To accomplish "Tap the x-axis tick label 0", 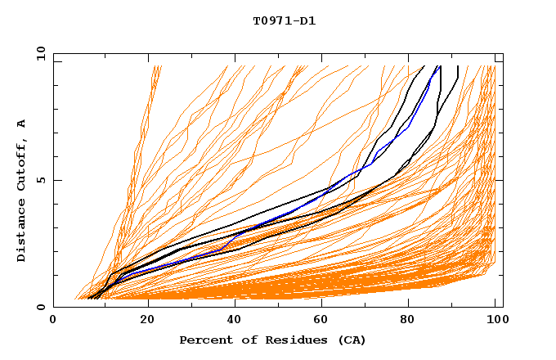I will point(53,321).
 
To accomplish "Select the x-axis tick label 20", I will point(141,321).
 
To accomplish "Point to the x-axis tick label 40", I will point(231,321).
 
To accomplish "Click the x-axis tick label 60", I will point(319,321).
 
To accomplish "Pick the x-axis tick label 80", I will point(407,321).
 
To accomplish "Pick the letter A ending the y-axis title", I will point(22,124).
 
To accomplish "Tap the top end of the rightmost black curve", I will point(458,66).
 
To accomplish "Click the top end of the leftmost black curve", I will point(424,66).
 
